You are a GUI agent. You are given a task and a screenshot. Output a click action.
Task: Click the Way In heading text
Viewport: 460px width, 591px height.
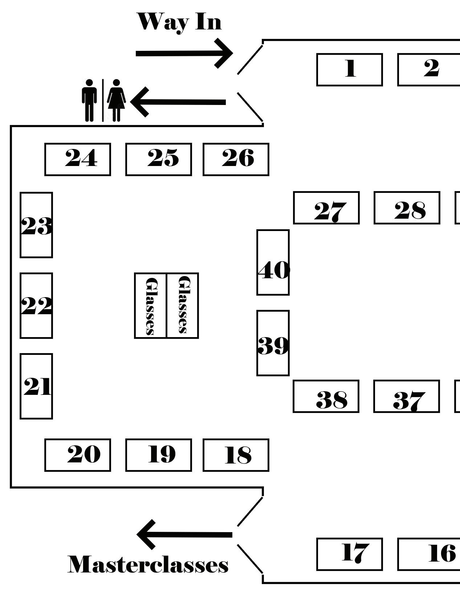click(x=179, y=22)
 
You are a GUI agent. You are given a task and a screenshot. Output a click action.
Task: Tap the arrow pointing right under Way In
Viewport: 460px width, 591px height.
click(x=184, y=53)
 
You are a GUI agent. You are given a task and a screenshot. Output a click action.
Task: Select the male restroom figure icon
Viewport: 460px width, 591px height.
click(x=89, y=100)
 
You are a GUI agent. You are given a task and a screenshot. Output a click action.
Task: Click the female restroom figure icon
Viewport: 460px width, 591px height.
click(x=116, y=100)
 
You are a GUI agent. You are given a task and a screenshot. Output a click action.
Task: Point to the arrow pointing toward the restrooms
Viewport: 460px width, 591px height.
click(x=178, y=102)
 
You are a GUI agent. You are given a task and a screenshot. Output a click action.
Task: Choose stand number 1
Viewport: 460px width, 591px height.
click(x=349, y=70)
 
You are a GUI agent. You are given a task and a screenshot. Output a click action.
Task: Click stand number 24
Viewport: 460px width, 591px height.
click(x=78, y=159)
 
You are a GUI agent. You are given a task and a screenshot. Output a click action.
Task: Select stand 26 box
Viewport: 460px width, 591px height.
click(x=236, y=159)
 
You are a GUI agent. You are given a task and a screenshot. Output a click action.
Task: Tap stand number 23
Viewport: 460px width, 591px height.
click(x=36, y=225)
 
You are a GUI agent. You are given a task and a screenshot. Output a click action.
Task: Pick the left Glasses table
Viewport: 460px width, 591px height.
click(x=151, y=305)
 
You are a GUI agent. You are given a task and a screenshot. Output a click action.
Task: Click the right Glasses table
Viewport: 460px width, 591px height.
click(x=183, y=305)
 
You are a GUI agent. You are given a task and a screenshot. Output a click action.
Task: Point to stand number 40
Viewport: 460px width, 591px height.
click(x=273, y=262)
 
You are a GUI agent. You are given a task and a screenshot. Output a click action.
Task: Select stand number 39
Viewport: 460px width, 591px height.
click(x=273, y=343)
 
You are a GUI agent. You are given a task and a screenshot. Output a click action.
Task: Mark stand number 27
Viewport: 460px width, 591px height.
click(x=326, y=208)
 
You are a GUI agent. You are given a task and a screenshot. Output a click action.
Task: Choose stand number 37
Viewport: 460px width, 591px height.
click(x=406, y=396)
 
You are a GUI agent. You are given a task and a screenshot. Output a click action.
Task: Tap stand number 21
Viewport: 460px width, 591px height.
click(x=36, y=386)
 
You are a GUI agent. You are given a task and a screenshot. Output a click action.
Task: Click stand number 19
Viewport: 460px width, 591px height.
click(x=158, y=455)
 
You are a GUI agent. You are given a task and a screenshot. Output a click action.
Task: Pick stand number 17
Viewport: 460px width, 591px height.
click(x=349, y=554)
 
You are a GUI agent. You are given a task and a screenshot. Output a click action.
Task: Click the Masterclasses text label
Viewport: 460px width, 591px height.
click(x=148, y=565)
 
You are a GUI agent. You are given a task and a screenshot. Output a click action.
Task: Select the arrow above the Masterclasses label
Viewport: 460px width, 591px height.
click(x=184, y=534)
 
